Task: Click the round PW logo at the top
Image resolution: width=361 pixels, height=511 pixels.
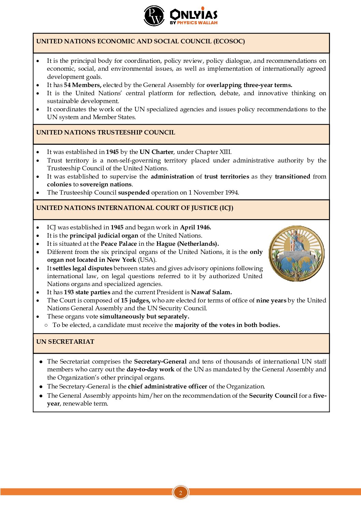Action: [154, 16]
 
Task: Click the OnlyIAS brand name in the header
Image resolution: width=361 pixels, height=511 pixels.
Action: [193, 15]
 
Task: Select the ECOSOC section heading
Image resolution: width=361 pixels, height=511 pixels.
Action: [140, 41]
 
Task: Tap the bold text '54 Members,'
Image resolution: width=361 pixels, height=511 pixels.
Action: [83, 85]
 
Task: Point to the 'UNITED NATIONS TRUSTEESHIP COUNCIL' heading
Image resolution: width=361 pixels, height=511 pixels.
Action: [105, 132]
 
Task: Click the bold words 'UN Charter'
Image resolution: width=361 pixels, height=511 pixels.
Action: [156, 152]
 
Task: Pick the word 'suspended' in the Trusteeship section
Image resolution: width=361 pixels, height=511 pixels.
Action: [134, 193]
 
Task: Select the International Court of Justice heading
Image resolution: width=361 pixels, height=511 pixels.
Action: [135, 208]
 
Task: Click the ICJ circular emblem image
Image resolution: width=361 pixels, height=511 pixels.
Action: [297, 253]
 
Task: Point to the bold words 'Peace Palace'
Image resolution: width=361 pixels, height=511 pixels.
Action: [118, 244]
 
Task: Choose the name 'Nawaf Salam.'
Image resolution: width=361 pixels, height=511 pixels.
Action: [211, 292]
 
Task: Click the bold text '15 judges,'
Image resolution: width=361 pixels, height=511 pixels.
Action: [135, 300]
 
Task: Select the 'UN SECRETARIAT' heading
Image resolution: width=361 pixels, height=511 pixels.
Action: [65, 342]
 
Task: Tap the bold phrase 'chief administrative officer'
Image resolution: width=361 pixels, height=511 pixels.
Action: [167, 386]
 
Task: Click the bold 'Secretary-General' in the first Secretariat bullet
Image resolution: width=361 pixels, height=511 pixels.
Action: [160, 361]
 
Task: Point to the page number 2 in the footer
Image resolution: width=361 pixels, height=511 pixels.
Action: [180, 492]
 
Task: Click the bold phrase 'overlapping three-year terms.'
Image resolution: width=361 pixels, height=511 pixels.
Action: [249, 85]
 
